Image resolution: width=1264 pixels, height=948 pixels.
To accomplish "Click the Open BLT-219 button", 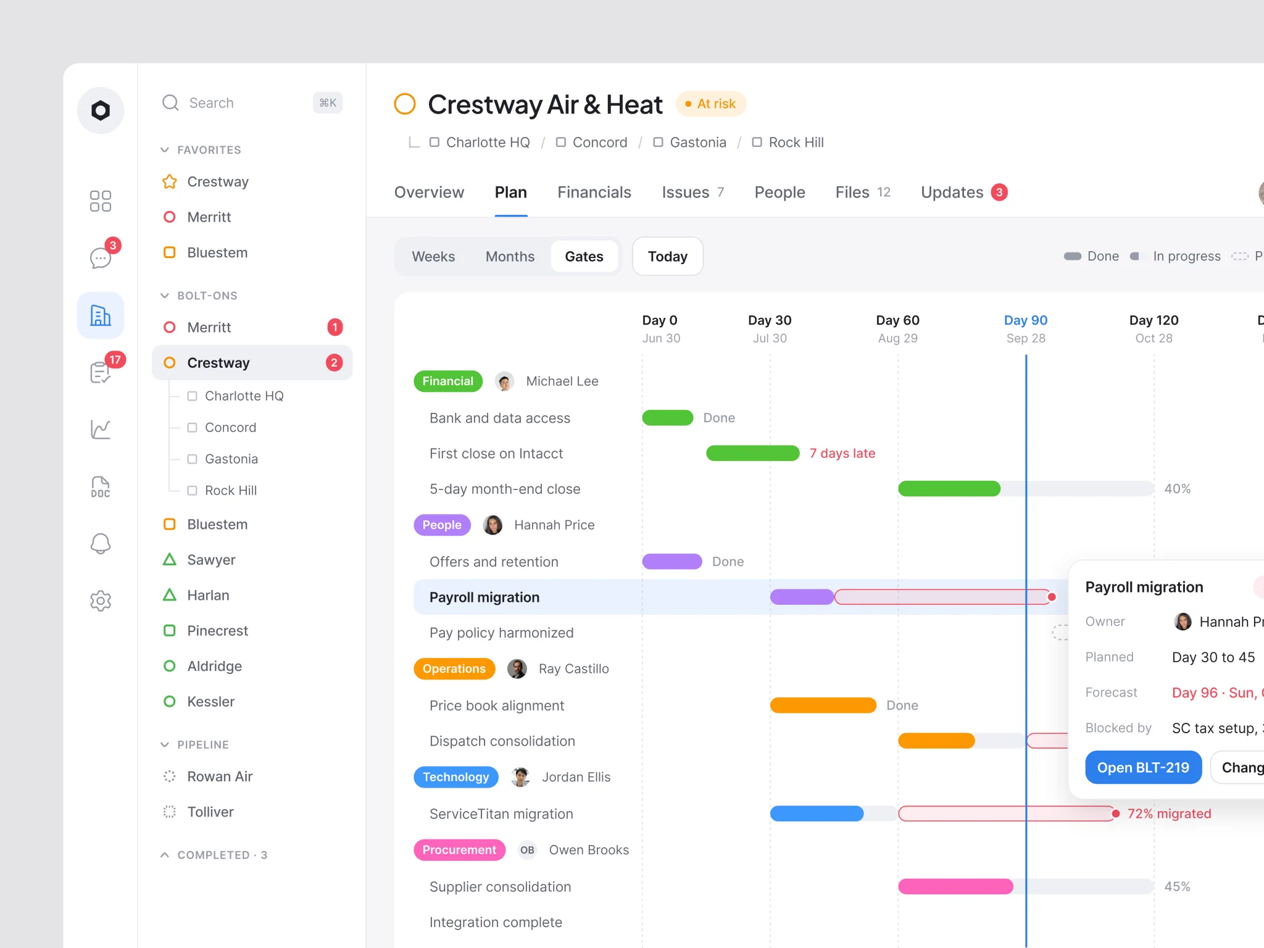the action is coord(1143,767).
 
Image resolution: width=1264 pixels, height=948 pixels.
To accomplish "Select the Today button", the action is coord(668,256).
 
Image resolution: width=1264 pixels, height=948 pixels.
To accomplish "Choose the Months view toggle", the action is coord(510,256).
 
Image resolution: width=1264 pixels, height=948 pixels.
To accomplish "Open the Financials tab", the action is coord(594,193).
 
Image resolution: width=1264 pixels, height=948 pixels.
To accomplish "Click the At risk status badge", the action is coord(711,104).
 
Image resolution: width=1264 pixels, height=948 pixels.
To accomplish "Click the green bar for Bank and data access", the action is coord(668,418).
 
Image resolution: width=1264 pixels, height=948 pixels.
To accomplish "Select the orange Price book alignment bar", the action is coord(823,705).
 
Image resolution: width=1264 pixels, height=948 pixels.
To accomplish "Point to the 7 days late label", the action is coord(842,454).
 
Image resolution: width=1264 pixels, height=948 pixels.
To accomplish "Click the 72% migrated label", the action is coord(1169,813).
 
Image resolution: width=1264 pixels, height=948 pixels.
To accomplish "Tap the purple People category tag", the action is coord(442,525).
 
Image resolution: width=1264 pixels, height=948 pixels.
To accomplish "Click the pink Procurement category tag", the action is coord(459,850).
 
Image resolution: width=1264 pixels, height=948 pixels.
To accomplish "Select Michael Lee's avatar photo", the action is coord(505,381).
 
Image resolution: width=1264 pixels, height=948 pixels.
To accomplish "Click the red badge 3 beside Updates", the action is coord(999,193).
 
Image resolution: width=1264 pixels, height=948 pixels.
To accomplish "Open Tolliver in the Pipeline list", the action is coord(210,812).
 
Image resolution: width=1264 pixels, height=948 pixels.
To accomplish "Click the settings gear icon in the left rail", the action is coord(101,601).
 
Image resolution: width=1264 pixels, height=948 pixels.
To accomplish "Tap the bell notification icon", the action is coord(101,544).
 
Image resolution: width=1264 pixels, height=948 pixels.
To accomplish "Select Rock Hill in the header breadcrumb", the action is coord(796,143).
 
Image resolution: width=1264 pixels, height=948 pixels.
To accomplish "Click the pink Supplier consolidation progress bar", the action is coord(955,887).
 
